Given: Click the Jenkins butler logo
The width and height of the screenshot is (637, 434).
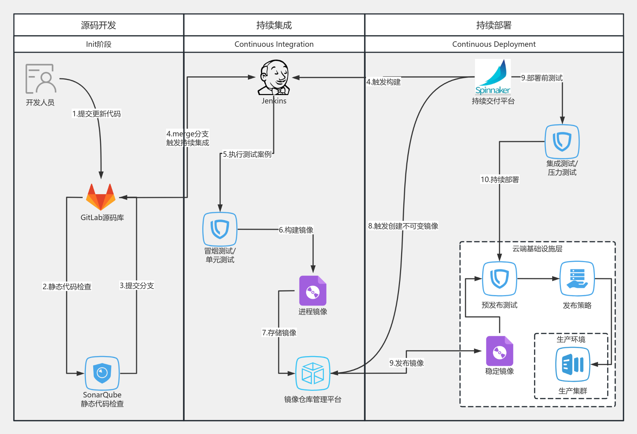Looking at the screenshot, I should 274,78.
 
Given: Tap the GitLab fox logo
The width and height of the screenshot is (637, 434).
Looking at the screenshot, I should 101,197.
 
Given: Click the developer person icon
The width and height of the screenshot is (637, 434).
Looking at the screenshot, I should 41,79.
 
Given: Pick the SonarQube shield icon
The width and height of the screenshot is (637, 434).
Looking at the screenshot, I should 102,373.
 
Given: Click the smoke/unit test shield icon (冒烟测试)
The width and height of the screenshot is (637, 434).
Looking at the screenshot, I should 220,229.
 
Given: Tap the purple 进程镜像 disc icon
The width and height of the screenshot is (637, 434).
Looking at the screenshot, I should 313,291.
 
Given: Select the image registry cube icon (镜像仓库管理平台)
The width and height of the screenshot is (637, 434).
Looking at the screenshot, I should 313,373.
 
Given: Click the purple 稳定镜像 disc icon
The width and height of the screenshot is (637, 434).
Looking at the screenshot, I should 500,351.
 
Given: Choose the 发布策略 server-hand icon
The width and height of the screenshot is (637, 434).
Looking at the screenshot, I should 577,279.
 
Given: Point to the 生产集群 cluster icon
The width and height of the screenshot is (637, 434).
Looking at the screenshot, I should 573,364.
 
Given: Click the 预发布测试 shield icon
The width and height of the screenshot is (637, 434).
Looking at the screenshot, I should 500,279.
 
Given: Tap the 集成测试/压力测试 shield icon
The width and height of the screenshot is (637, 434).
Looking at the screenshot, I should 562,141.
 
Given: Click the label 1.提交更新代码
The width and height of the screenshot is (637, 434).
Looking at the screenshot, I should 97,114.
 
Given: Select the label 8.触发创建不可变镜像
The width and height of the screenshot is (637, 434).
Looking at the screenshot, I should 403,226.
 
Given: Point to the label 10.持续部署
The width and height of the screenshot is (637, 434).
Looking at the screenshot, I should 500,180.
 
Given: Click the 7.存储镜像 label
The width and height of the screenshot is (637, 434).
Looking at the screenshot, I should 279,333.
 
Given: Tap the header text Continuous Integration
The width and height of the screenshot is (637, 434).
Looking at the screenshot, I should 274,44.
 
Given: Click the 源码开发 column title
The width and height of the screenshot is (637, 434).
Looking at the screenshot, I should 98,25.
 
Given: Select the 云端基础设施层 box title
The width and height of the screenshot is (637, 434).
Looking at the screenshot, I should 537,249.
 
